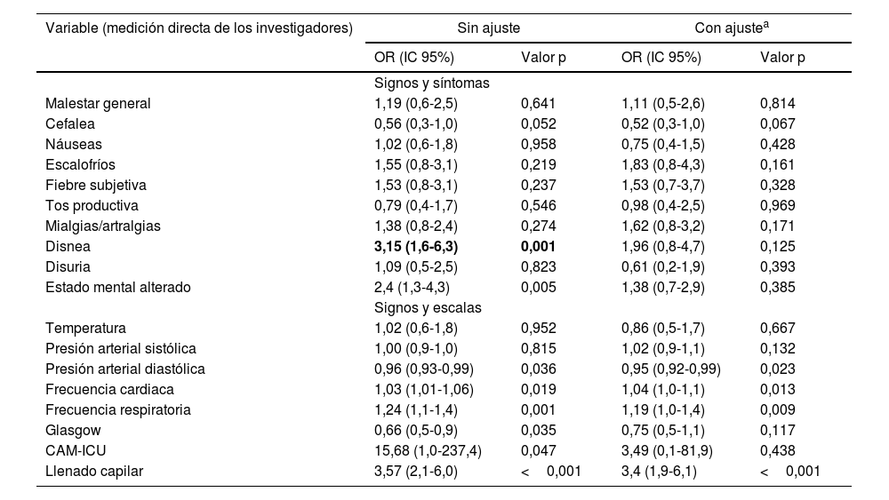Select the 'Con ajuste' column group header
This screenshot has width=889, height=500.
pos(732,28)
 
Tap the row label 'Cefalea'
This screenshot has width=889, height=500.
pos(70,123)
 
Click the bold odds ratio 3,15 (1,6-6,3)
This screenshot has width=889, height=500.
pos(422,246)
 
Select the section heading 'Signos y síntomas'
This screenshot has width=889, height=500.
pos(433,83)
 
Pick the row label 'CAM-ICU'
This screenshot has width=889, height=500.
pos(75,450)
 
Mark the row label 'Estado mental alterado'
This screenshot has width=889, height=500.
pos(118,287)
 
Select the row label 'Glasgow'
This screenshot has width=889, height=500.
pos(71,430)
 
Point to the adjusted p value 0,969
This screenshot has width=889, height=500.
pos(778,205)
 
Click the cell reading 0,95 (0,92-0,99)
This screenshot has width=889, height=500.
pos(671,369)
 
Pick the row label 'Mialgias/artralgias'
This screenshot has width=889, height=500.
pos(103,226)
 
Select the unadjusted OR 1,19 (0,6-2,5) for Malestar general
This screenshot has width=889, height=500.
pos(416,103)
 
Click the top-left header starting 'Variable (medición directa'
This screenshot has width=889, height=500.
pos(199,28)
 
